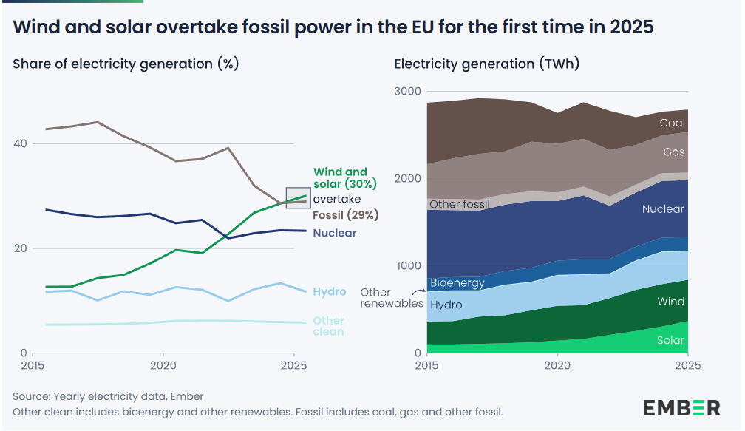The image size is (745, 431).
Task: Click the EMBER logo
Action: (x=681, y=407)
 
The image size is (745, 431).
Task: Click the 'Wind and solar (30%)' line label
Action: (x=345, y=177)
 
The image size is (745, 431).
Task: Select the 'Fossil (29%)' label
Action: (x=346, y=215)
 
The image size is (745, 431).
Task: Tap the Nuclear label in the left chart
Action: (x=335, y=233)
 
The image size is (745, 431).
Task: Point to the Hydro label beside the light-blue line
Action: (x=330, y=291)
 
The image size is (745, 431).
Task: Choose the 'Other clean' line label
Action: (x=329, y=326)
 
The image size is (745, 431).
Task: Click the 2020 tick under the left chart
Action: (x=163, y=365)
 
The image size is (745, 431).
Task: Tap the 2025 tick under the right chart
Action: (x=688, y=365)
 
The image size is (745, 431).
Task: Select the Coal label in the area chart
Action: (x=673, y=123)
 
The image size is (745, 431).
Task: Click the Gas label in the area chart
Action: (x=674, y=152)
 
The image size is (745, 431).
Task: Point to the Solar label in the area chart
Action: (x=671, y=340)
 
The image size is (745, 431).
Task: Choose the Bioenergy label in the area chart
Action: (x=457, y=282)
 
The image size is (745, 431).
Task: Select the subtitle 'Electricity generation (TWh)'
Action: (x=487, y=64)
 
